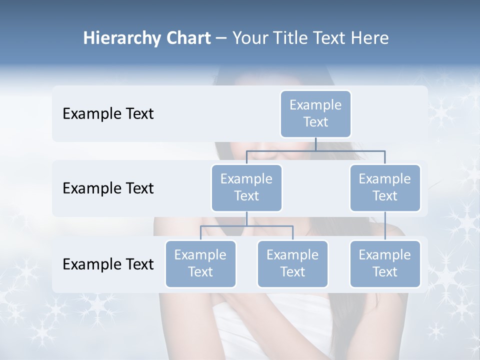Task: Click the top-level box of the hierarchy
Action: coord(315,114)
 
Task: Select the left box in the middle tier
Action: coord(246,188)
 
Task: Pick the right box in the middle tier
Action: coord(385,188)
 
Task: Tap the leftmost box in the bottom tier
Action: coord(200,264)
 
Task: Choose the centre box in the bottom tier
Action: coord(292,264)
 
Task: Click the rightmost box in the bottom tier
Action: coord(385,264)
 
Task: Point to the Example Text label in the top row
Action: coord(108,114)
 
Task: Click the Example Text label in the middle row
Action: coord(108,188)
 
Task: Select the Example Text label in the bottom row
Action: coord(108,264)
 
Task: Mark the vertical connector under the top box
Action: coord(315,144)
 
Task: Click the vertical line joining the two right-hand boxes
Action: coord(385,226)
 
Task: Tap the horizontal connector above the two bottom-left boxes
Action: coord(246,226)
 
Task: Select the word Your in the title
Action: coord(248,38)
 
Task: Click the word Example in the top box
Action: coord(315,105)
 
